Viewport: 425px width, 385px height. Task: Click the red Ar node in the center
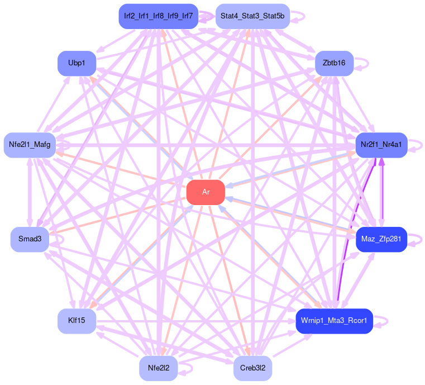click(x=206, y=192)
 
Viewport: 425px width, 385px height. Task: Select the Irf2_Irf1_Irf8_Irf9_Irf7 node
click(x=159, y=16)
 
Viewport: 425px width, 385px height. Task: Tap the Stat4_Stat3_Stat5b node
click(x=252, y=16)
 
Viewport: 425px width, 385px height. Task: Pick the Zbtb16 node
click(x=334, y=63)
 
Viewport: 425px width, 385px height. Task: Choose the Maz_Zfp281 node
click(x=381, y=239)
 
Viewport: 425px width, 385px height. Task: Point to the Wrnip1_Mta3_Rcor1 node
click(x=334, y=321)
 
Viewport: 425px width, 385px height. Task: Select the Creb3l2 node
click(x=252, y=368)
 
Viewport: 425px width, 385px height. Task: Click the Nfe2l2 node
click(x=159, y=368)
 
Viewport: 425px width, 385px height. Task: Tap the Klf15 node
click(x=77, y=321)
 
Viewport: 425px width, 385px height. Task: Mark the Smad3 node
click(x=30, y=239)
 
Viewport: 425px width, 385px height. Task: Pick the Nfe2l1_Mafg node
click(x=30, y=145)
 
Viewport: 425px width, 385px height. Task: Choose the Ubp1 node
click(x=77, y=63)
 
